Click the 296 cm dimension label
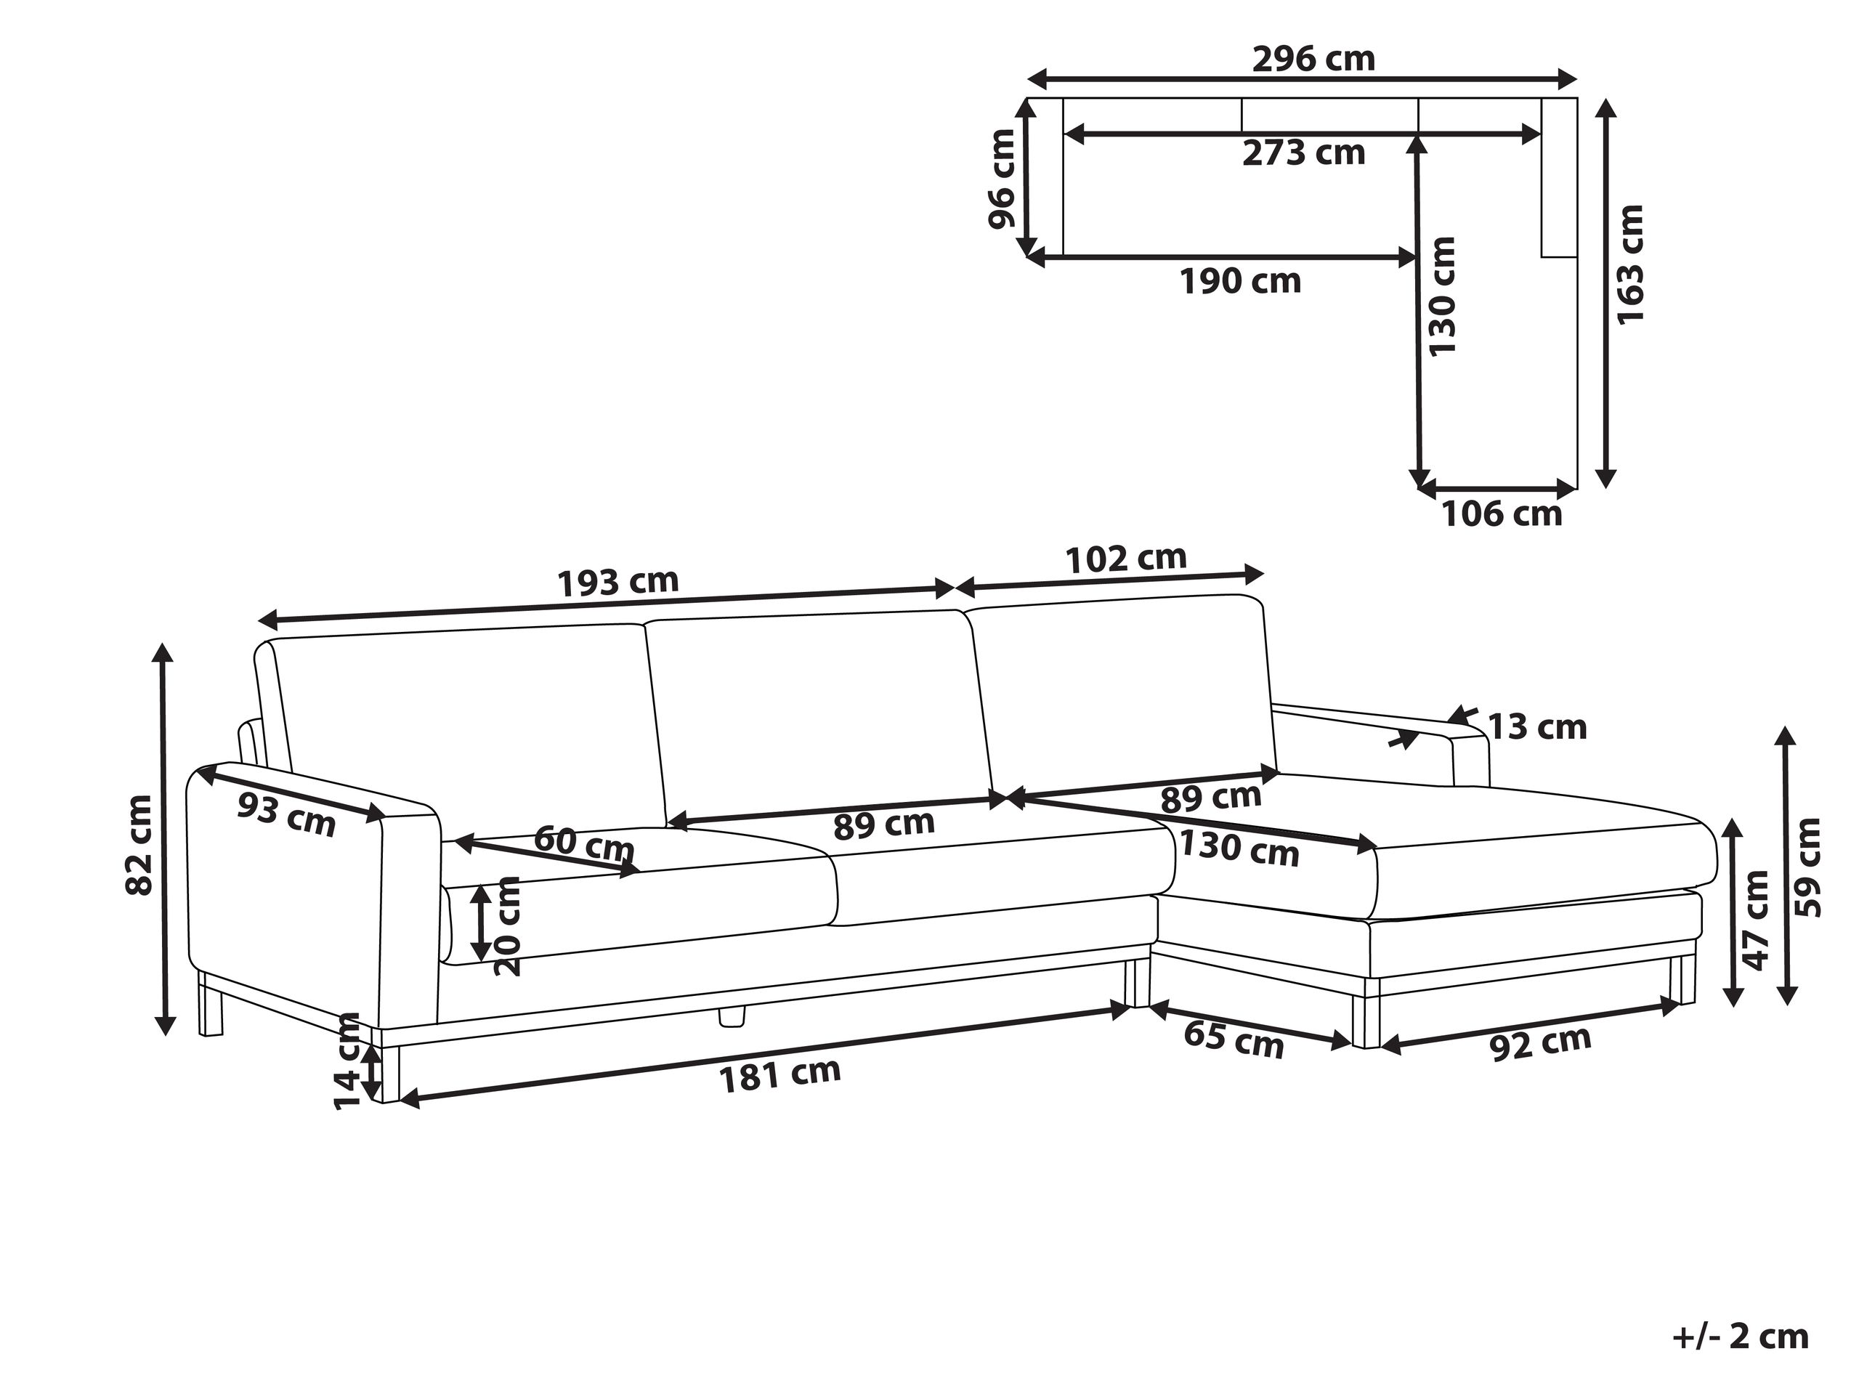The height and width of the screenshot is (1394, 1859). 1313,59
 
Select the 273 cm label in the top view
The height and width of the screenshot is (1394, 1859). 1303,153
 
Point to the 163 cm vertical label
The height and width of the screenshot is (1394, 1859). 1629,264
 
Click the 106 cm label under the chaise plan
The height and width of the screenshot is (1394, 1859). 1502,514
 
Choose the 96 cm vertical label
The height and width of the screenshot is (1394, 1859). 1002,179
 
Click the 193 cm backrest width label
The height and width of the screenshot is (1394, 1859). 617,581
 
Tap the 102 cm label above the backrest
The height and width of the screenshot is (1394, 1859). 1126,558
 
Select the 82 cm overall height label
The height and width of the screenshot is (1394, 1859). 139,845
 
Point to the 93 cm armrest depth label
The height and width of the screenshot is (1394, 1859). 286,814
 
